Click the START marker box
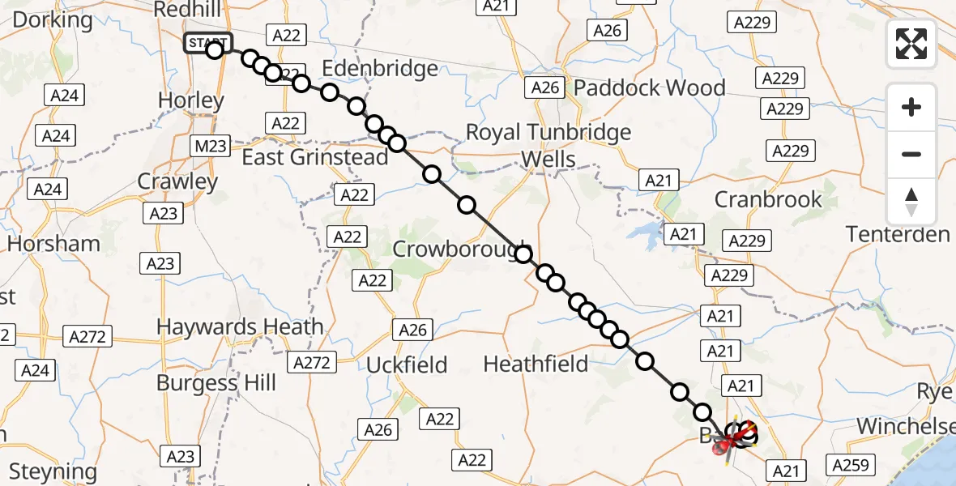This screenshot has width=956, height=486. coord(207,42)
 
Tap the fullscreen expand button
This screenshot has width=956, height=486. coord(911,43)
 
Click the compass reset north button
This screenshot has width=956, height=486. coord(911,202)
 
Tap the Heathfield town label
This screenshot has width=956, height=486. coord(536,364)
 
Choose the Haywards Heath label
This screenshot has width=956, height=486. coord(240,327)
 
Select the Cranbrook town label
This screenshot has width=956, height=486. coord(768,199)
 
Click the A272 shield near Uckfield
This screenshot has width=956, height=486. coord(312,363)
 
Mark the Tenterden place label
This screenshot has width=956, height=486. coord(898,235)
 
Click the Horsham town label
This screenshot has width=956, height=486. coord(54,243)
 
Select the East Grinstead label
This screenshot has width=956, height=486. coord(315,157)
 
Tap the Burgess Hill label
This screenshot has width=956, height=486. coord(216,382)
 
